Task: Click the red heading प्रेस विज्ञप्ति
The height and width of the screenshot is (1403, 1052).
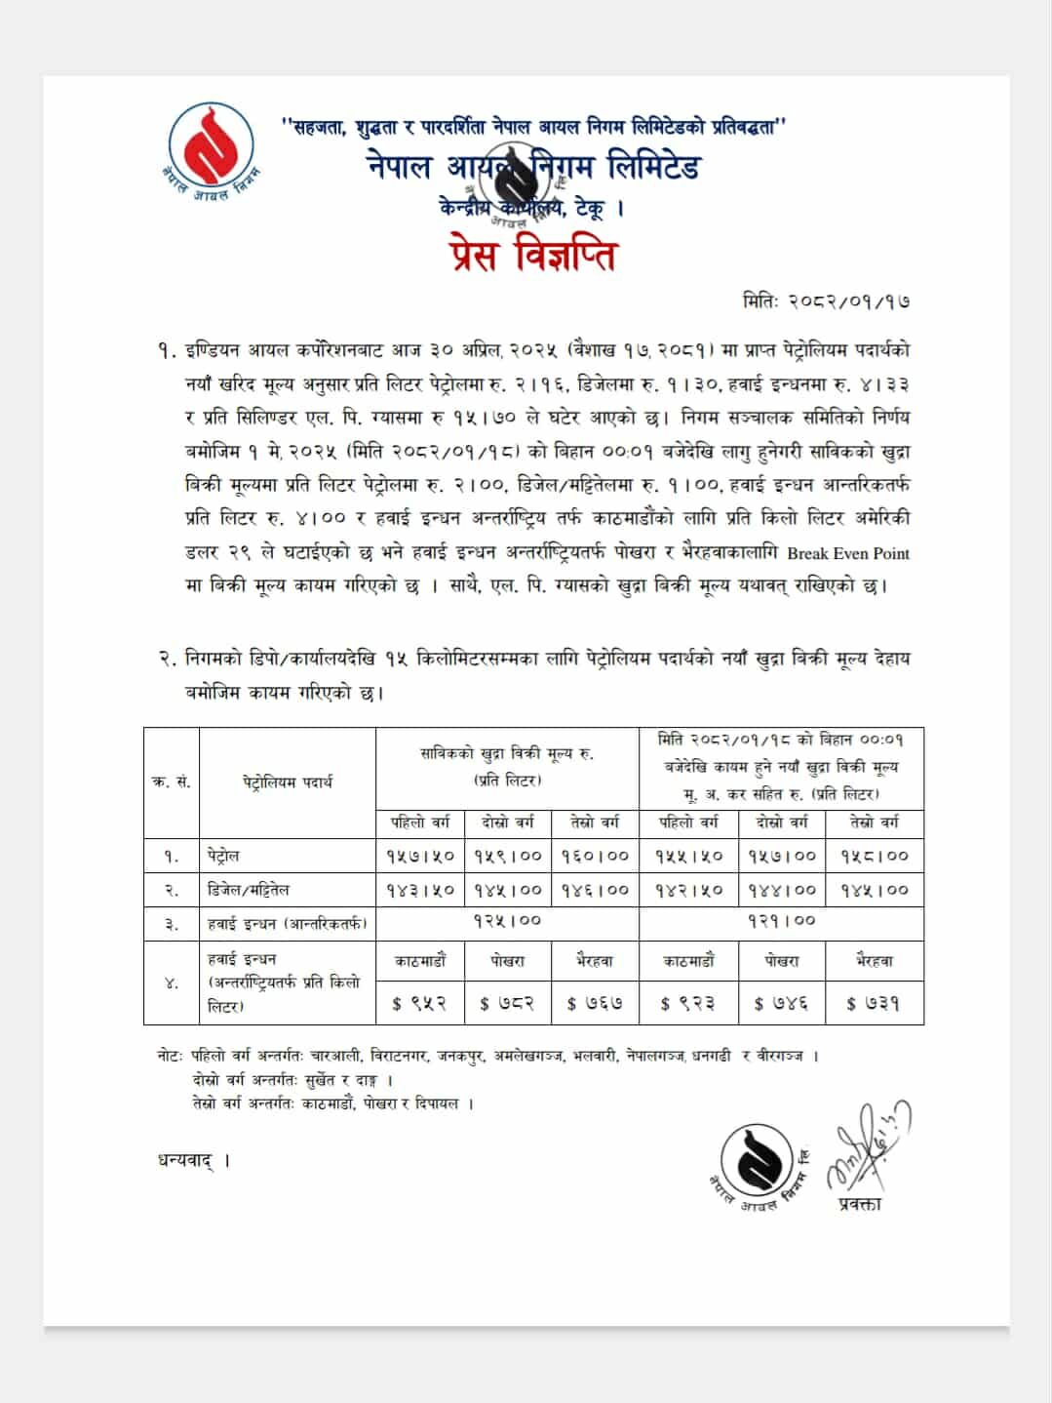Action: click(533, 256)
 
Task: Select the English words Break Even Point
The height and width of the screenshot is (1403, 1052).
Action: click(848, 553)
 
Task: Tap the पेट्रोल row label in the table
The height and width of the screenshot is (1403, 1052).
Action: click(223, 856)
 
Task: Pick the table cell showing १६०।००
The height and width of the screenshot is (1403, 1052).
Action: click(595, 856)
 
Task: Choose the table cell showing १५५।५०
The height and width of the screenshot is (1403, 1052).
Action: click(688, 856)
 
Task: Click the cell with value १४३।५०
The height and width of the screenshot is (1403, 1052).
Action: click(420, 890)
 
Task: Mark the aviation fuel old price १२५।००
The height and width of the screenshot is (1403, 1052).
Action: click(507, 920)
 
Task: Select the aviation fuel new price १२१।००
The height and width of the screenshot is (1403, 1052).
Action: click(781, 920)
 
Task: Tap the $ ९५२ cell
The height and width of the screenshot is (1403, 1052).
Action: click(420, 1003)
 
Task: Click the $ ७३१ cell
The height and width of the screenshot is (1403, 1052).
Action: click(873, 1003)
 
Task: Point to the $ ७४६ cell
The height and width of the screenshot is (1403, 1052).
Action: click(781, 1003)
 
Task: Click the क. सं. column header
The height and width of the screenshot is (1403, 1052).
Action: click(172, 782)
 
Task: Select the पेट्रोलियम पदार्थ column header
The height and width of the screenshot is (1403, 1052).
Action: click(288, 782)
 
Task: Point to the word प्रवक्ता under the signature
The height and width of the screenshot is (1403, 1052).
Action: click(859, 1204)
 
